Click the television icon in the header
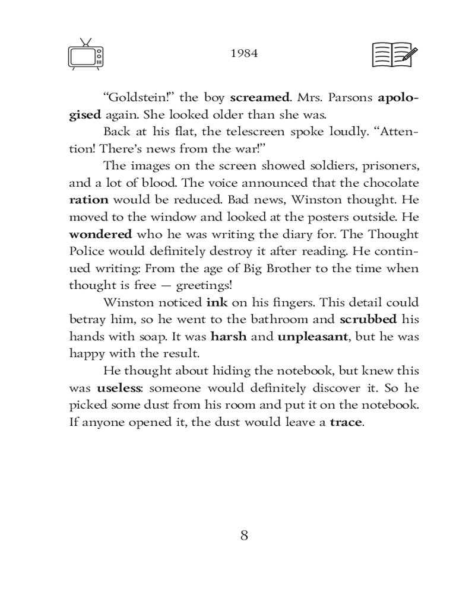(86, 55)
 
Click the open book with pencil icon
(394, 55)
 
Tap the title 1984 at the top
(244, 53)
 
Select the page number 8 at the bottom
(244, 535)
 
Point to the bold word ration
(88, 200)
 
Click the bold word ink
(217, 303)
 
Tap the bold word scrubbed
(368, 320)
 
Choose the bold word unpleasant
(313, 337)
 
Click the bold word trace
(346, 423)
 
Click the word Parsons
(350, 97)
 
